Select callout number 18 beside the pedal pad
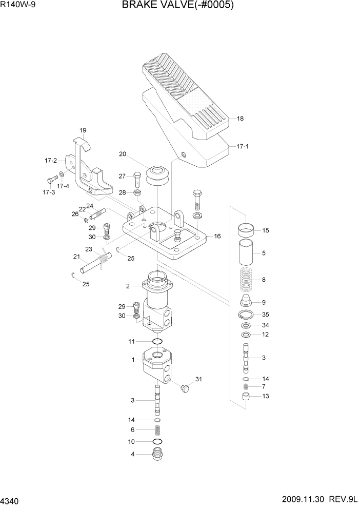240,119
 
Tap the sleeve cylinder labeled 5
247,253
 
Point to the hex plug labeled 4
158,454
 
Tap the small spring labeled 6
158,430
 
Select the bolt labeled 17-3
51,180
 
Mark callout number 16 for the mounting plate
217,236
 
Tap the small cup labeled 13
247,397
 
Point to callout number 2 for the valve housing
128,286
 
